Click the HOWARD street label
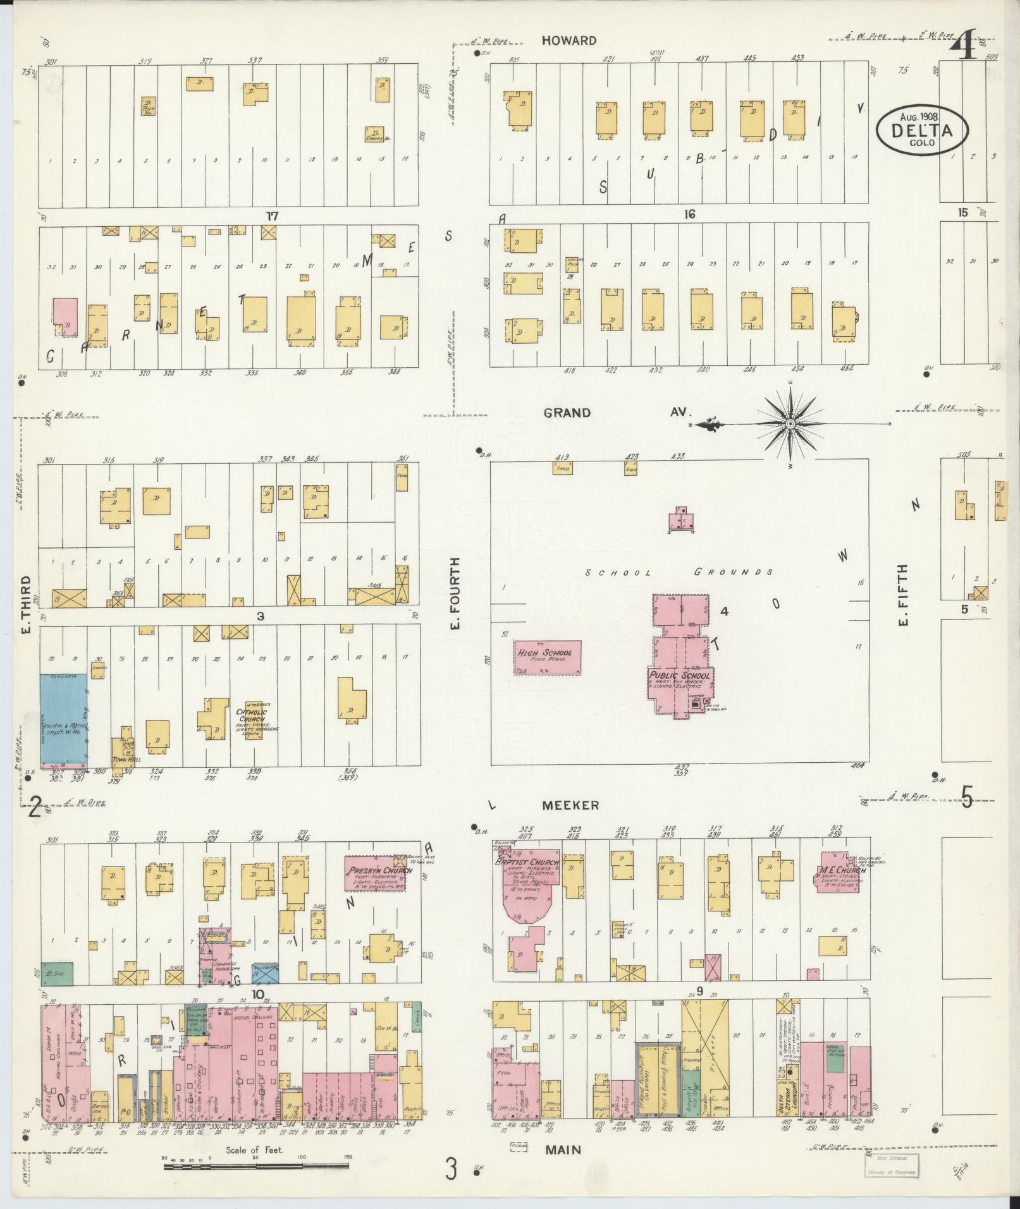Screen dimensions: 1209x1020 click(x=568, y=41)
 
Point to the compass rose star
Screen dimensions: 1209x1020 click(x=790, y=423)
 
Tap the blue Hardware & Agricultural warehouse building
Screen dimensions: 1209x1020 click(x=64, y=721)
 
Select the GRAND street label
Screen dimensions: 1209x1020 click(x=568, y=413)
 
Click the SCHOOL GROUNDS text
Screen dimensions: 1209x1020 click(x=679, y=573)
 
